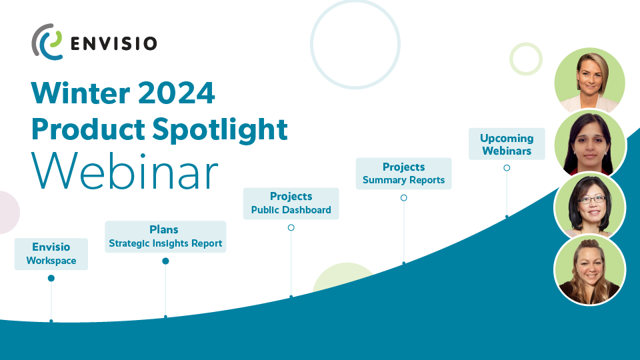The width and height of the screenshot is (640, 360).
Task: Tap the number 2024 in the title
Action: [x=176, y=93]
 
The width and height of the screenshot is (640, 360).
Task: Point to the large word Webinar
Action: [x=125, y=171]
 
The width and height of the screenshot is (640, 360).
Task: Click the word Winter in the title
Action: [x=81, y=93]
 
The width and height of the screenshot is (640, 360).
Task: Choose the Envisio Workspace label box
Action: [x=51, y=254]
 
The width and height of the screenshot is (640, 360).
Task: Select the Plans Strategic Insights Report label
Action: [x=165, y=237]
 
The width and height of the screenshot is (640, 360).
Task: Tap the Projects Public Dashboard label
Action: [x=291, y=204]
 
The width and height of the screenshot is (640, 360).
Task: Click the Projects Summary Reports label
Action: [x=404, y=173]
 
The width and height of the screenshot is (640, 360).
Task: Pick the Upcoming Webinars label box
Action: [x=507, y=144]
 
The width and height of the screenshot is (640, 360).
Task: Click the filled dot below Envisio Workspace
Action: [x=51, y=279]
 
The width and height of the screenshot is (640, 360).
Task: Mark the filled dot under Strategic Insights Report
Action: [x=165, y=261]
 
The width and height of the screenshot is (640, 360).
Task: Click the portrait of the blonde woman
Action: [x=590, y=81]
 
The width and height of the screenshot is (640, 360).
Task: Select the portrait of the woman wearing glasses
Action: [x=590, y=207]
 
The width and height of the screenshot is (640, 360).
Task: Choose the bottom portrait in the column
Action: [x=590, y=270]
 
